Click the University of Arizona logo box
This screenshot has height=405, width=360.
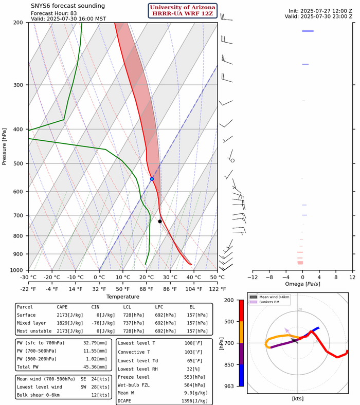click(x=183, y=10)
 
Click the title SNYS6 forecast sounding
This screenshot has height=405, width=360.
click(x=67, y=6)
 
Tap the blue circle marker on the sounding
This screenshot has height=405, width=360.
click(x=152, y=178)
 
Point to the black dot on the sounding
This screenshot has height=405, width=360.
click(x=160, y=221)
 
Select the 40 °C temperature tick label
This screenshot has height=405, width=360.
click(x=194, y=278)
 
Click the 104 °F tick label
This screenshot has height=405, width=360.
click(x=194, y=288)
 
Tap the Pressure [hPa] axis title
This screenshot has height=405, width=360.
click(x=5, y=146)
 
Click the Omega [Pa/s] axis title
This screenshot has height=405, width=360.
click(x=302, y=284)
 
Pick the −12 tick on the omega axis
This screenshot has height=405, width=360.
click(x=253, y=277)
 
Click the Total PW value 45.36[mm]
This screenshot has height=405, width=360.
click(x=98, y=367)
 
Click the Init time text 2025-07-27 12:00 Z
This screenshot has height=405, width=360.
click(x=318, y=11)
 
